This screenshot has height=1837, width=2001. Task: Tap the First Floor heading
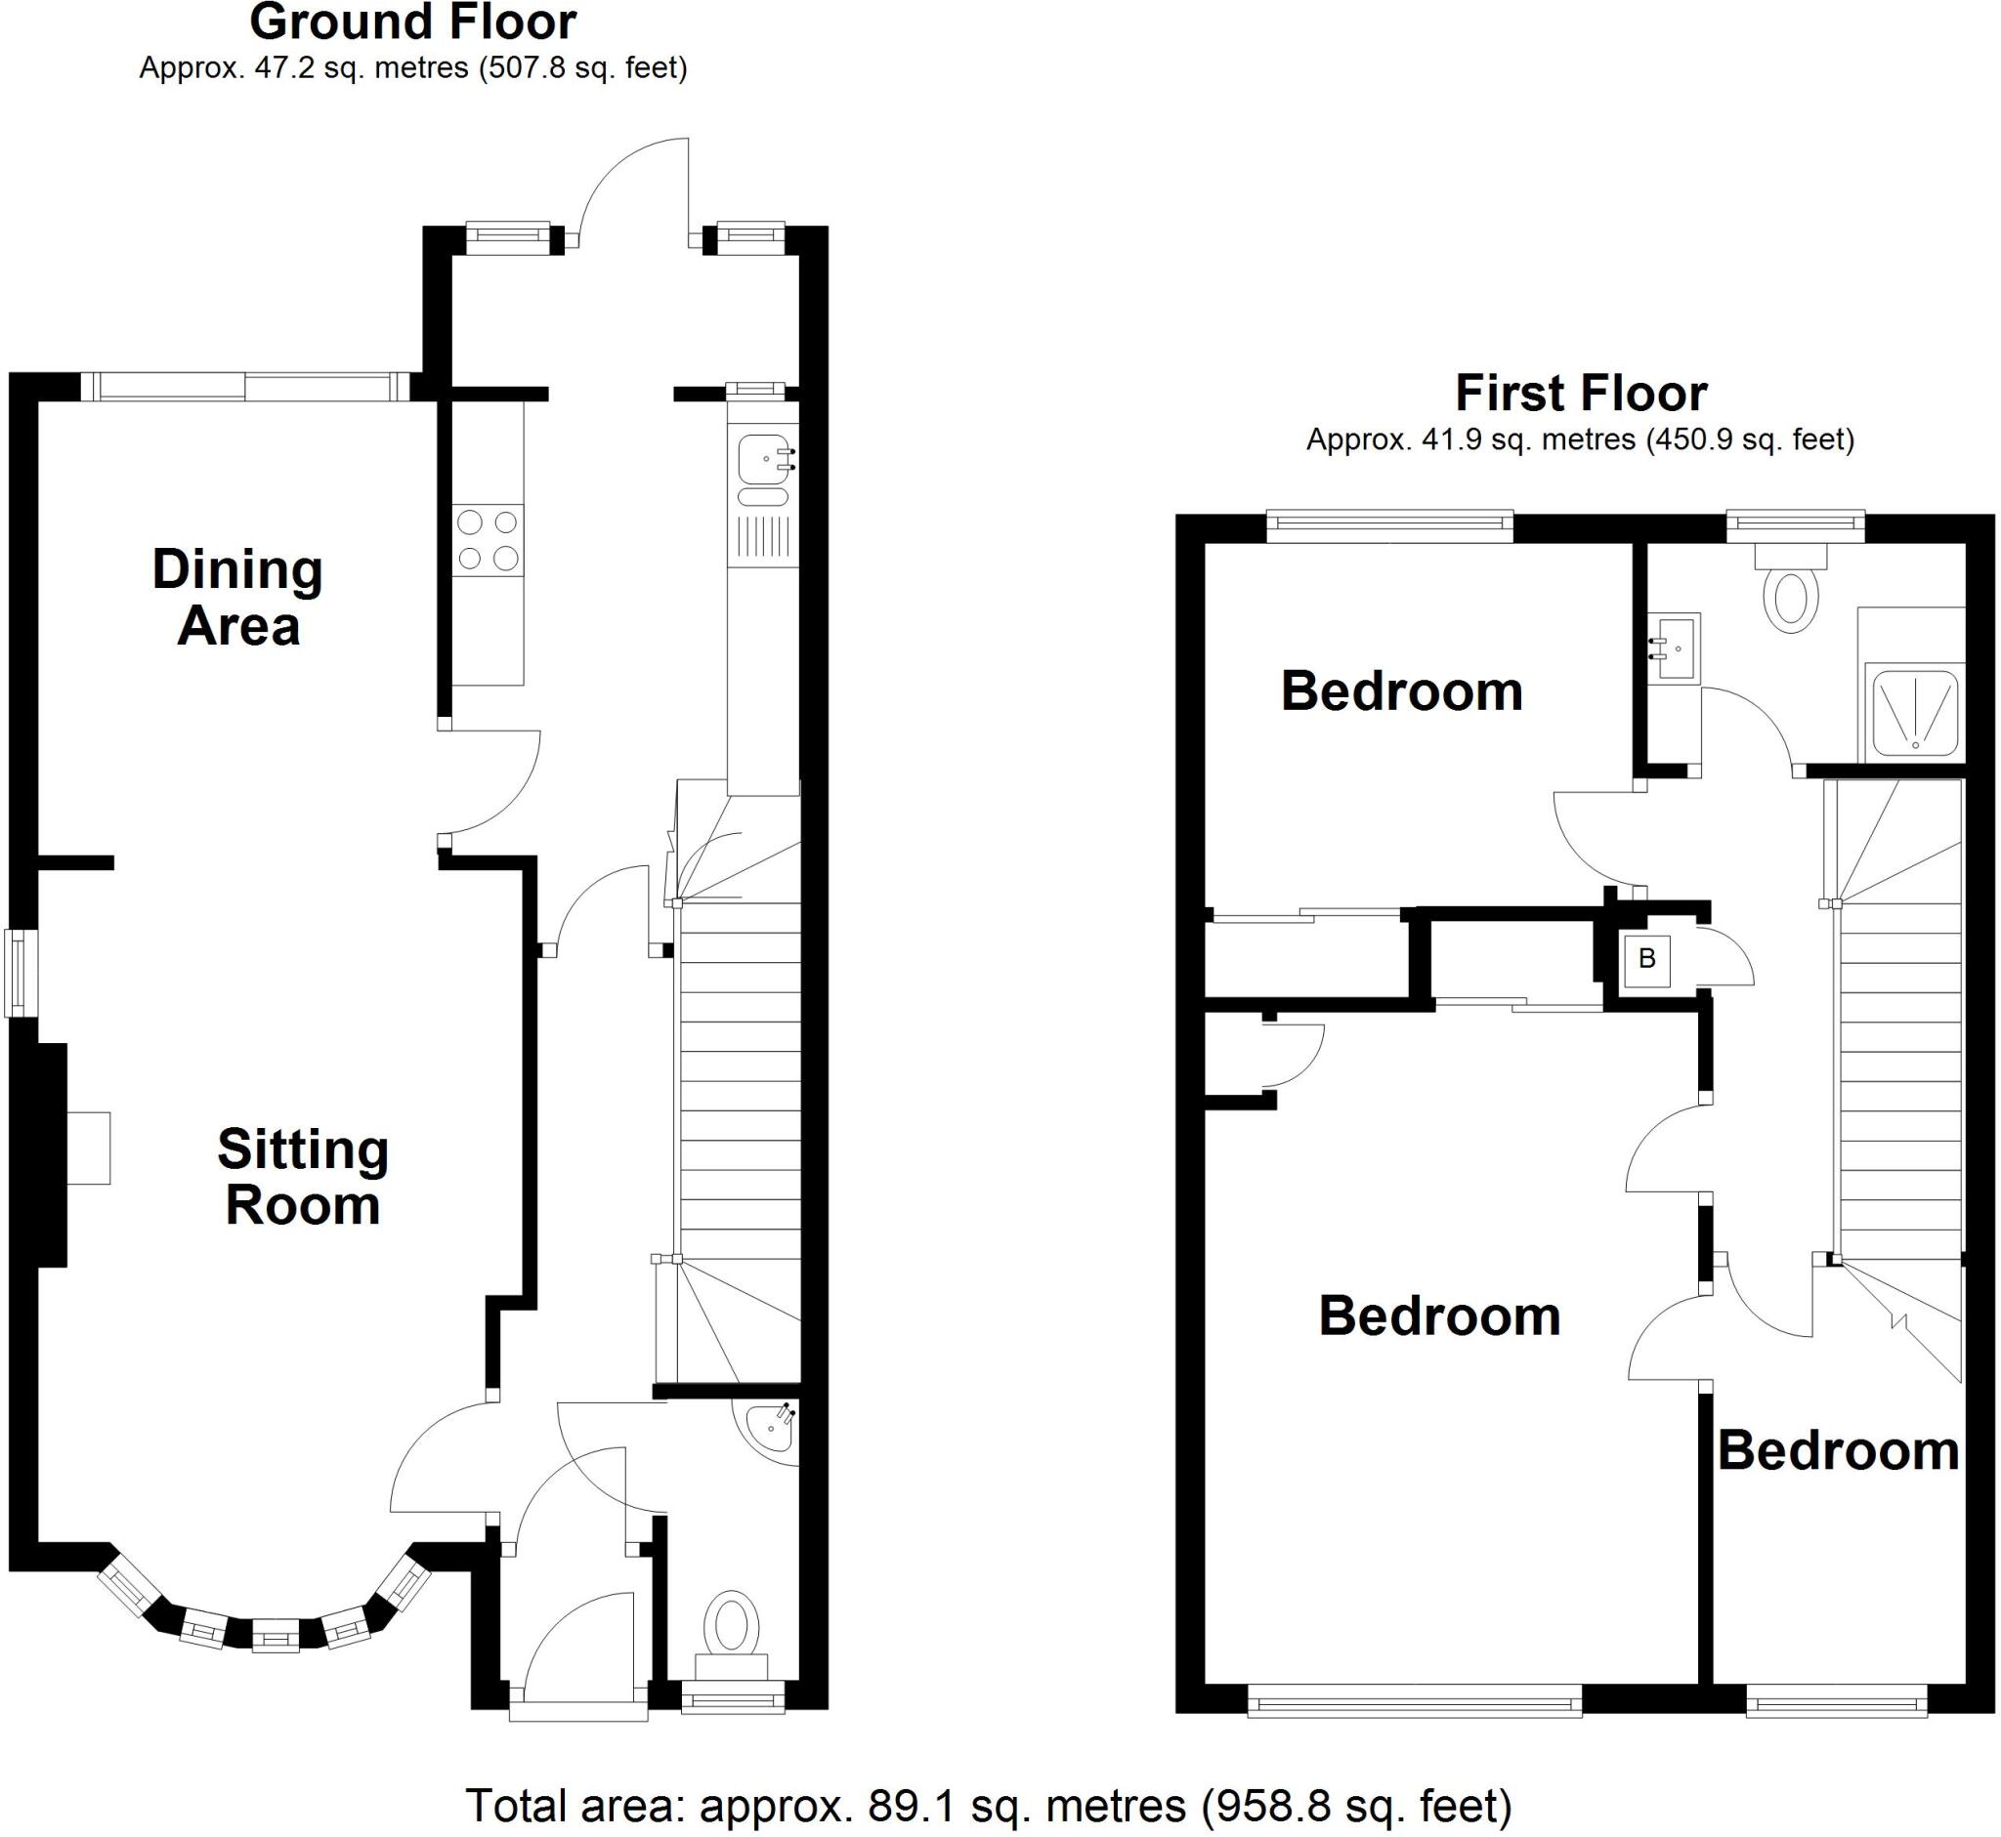pos(1580,393)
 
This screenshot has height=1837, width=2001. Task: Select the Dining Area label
pos(237,598)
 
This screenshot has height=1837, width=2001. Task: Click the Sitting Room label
pos(302,1177)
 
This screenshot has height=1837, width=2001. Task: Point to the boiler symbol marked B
pos(1646,959)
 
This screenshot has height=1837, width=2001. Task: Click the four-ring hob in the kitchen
pos(488,540)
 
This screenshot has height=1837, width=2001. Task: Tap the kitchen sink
pos(764,459)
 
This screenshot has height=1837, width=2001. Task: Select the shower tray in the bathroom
pos(1914,712)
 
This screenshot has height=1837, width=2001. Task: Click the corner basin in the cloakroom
pos(771,1428)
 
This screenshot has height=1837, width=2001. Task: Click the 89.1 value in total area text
pos(905,1806)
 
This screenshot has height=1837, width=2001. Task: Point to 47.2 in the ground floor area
pos(277,67)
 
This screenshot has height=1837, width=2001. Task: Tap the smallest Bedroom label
pos(1838,1450)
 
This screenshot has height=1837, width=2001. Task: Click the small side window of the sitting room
pos(15,973)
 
